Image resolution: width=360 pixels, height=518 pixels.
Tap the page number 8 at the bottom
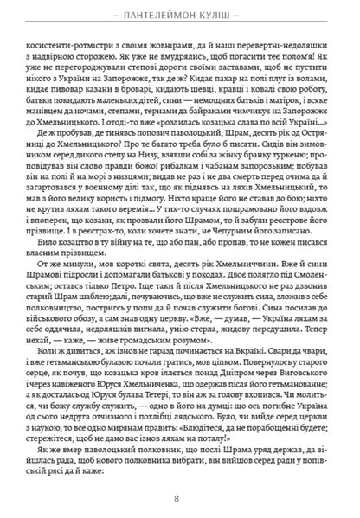(180, 498)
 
